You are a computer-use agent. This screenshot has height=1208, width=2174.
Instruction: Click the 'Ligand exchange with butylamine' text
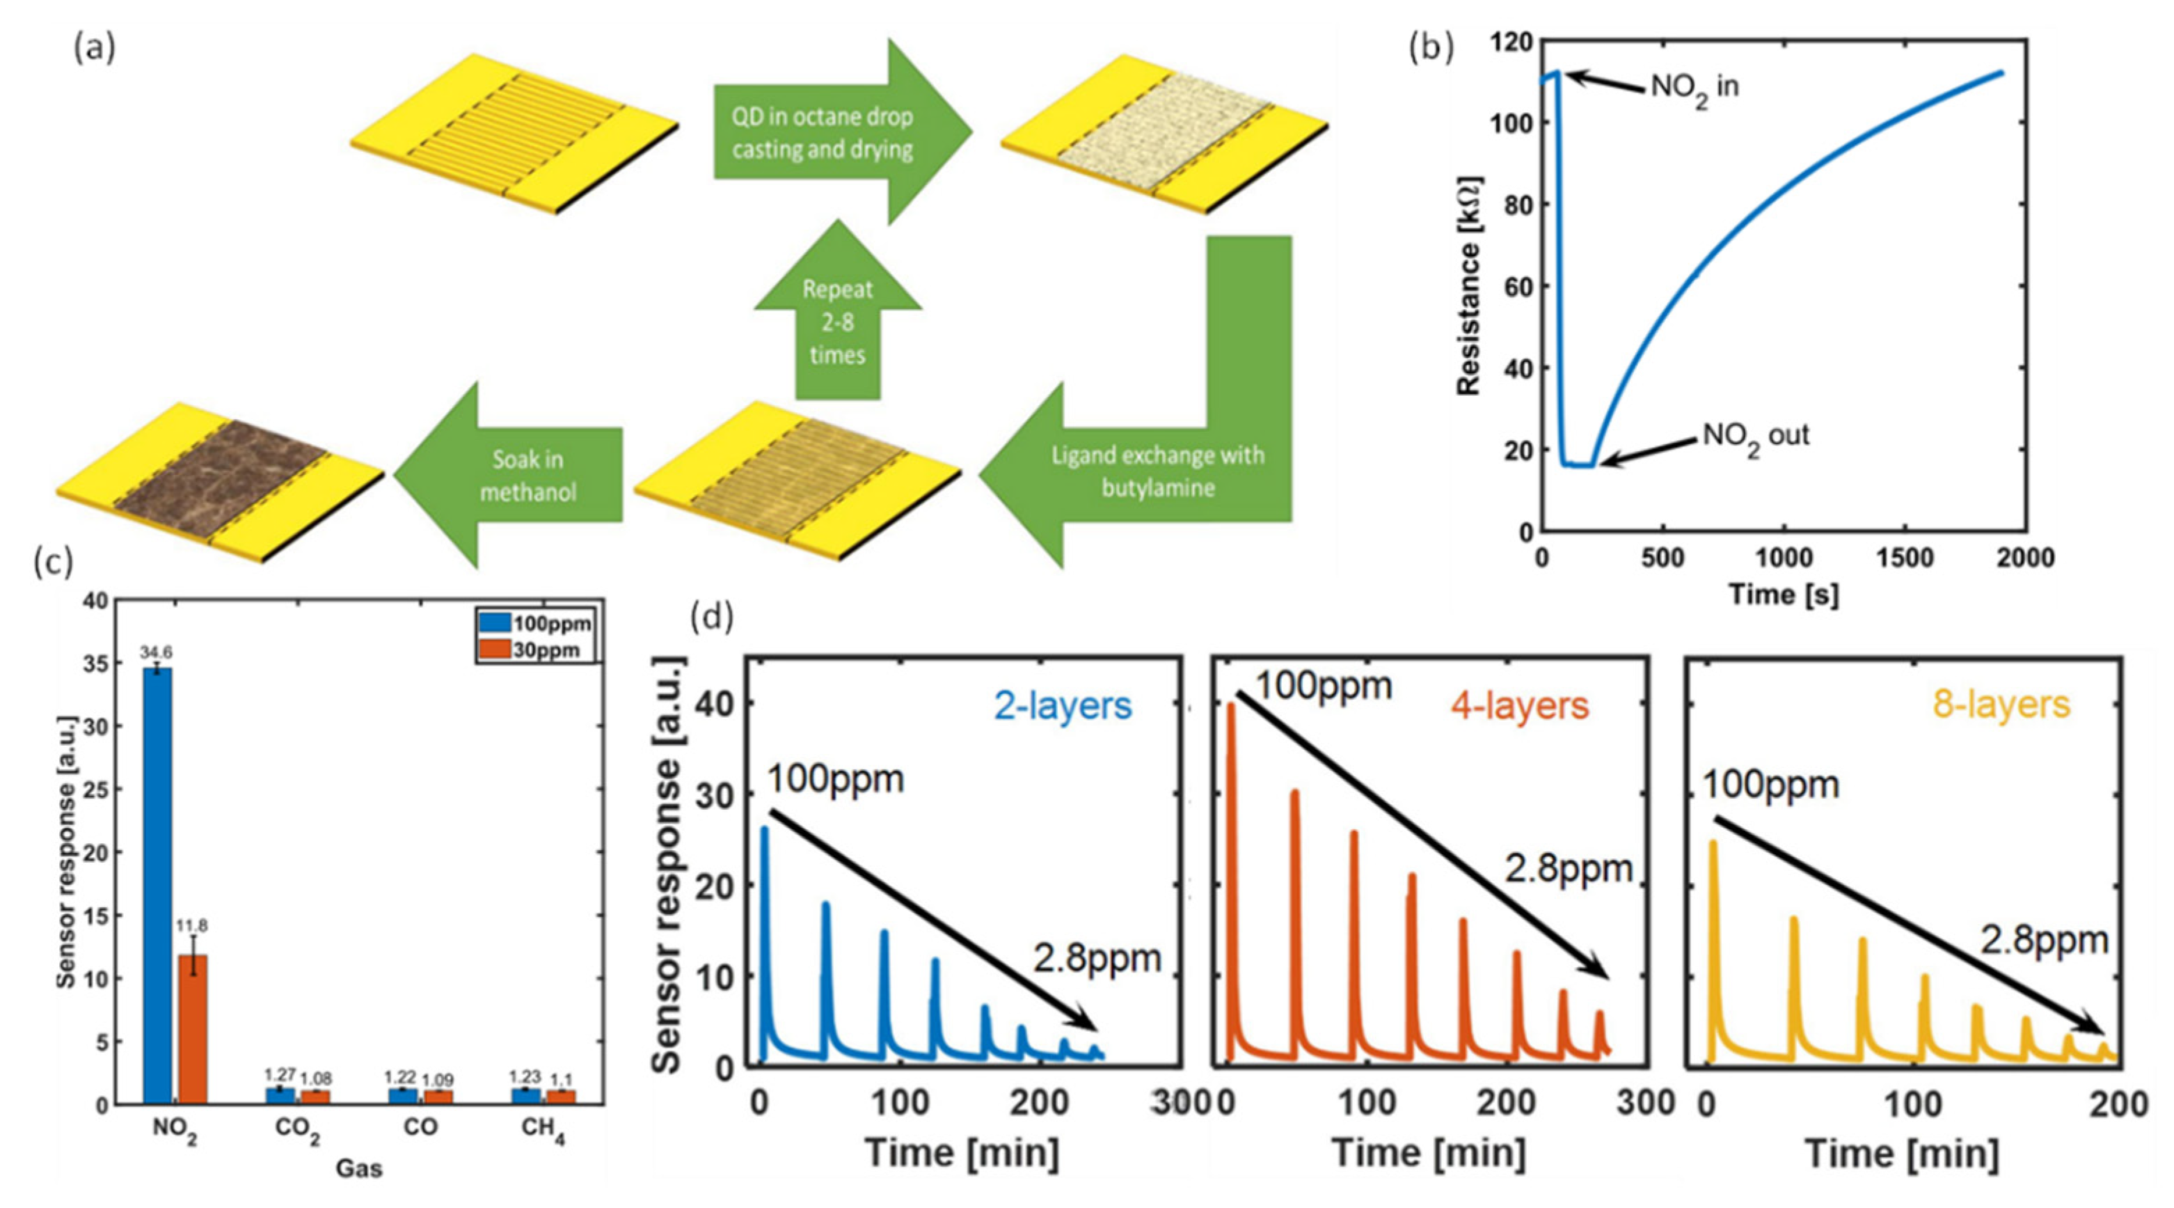1157,471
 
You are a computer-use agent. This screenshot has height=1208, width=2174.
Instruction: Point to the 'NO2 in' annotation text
1695,87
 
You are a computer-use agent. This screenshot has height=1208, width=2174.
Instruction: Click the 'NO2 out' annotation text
1755,437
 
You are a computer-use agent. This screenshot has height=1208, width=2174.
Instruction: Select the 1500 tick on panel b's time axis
1905,558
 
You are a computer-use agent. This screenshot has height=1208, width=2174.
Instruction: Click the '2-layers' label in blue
1063,706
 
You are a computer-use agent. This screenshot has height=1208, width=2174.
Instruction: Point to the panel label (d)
711,617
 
